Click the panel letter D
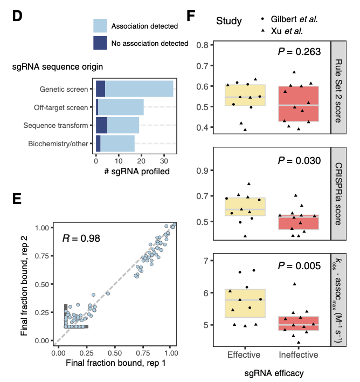[17, 16]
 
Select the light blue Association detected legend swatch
[100, 26]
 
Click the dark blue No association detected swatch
[100, 43]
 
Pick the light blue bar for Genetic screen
[139, 88]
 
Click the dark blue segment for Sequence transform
[101, 125]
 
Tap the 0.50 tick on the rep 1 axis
[114, 352]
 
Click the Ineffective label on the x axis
[298, 354]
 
